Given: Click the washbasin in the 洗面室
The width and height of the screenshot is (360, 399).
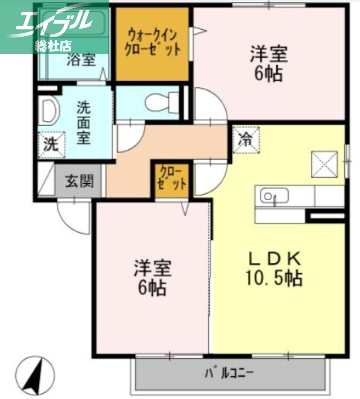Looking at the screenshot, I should coord(49,111).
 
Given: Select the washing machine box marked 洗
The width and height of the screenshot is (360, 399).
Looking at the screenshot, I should coord(52,145).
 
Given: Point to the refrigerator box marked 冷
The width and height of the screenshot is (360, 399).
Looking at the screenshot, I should coord(245,138).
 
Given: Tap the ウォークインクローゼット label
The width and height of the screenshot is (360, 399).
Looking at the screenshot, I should coord(152,43).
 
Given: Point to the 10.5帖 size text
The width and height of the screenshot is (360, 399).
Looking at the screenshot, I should coord(274,278).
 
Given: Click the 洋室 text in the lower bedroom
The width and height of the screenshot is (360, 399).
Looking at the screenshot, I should coord(152,269).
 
